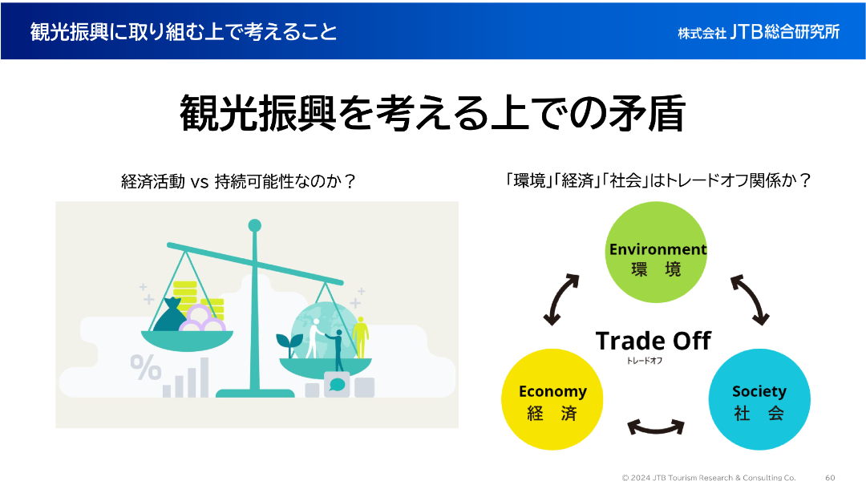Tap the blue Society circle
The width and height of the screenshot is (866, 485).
[x=759, y=399]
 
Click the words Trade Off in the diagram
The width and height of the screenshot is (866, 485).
[x=653, y=341]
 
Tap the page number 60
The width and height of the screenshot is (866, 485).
[x=830, y=477]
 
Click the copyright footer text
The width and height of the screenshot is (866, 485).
[x=709, y=477]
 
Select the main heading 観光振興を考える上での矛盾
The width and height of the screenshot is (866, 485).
[x=432, y=113]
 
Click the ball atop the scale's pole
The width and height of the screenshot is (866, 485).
[x=255, y=225]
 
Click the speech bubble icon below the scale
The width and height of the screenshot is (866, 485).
[x=337, y=384]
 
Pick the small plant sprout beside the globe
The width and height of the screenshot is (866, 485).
[x=286, y=344]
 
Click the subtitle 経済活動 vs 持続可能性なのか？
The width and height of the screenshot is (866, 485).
[x=237, y=181]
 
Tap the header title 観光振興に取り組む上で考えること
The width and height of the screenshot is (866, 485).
[x=184, y=31]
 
